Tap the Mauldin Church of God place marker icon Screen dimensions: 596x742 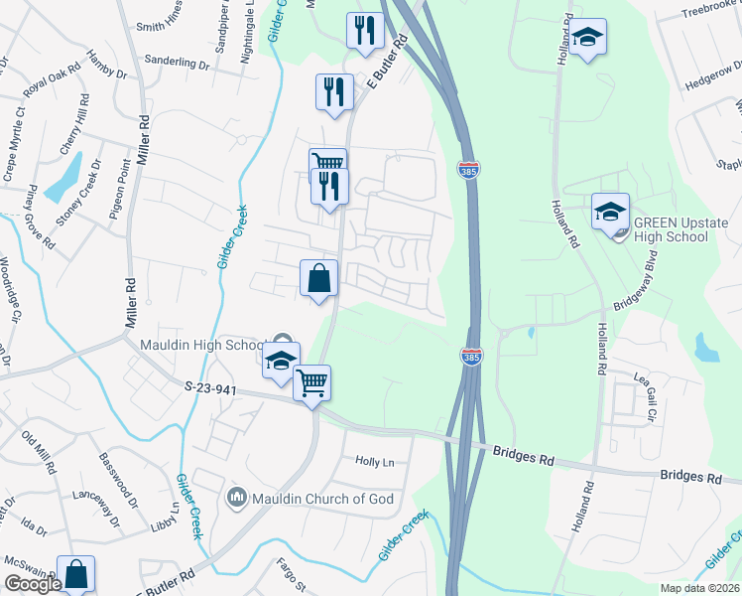(x=236, y=496)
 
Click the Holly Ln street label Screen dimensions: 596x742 (x=375, y=462)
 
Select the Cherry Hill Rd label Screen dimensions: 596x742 (x=74, y=124)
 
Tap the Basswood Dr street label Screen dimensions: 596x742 (x=116, y=476)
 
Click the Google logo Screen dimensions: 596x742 (x=33, y=584)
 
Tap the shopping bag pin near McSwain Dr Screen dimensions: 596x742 (x=75, y=573)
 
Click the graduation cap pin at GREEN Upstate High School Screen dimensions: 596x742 (x=610, y=210)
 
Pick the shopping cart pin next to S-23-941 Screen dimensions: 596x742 (x=312, y=380)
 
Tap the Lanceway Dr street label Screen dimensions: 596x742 (x=96, y=508)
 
